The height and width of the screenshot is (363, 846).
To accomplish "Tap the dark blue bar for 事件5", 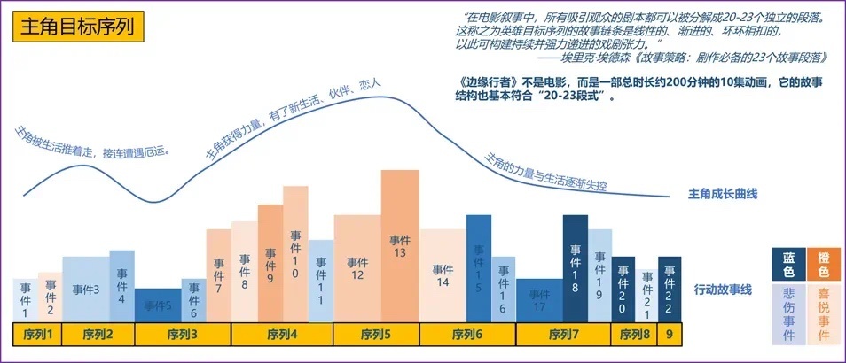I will pos(158,305).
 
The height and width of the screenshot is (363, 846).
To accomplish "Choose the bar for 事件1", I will pos(26,300).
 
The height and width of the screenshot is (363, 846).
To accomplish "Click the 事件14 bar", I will pos(443,274).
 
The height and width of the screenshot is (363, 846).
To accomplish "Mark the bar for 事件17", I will pos(539,300).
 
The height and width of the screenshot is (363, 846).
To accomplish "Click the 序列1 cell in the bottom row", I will pos(37,335).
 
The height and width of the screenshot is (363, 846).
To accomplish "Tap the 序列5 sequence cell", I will pos(376,335).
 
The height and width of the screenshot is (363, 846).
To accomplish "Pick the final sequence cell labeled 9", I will pos(670,335).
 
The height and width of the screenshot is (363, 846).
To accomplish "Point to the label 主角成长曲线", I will pos(723,194).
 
